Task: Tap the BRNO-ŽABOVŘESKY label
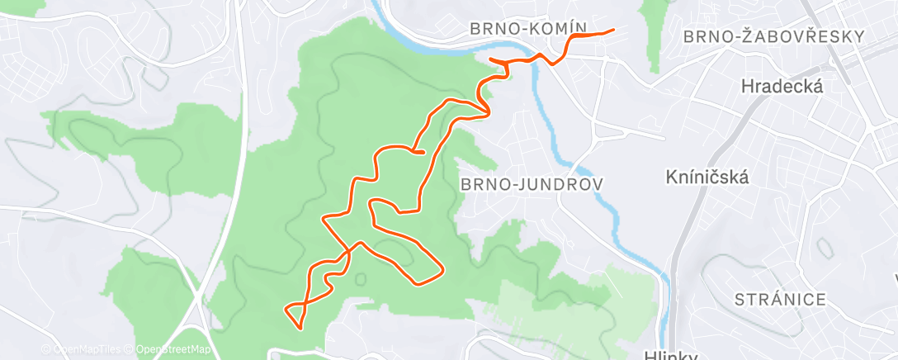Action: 773,36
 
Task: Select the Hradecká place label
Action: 782,86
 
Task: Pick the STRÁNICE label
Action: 778,299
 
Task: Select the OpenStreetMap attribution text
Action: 173,349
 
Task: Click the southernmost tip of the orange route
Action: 300,328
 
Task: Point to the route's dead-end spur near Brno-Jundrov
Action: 423,152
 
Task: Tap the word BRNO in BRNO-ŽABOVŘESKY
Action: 707,36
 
